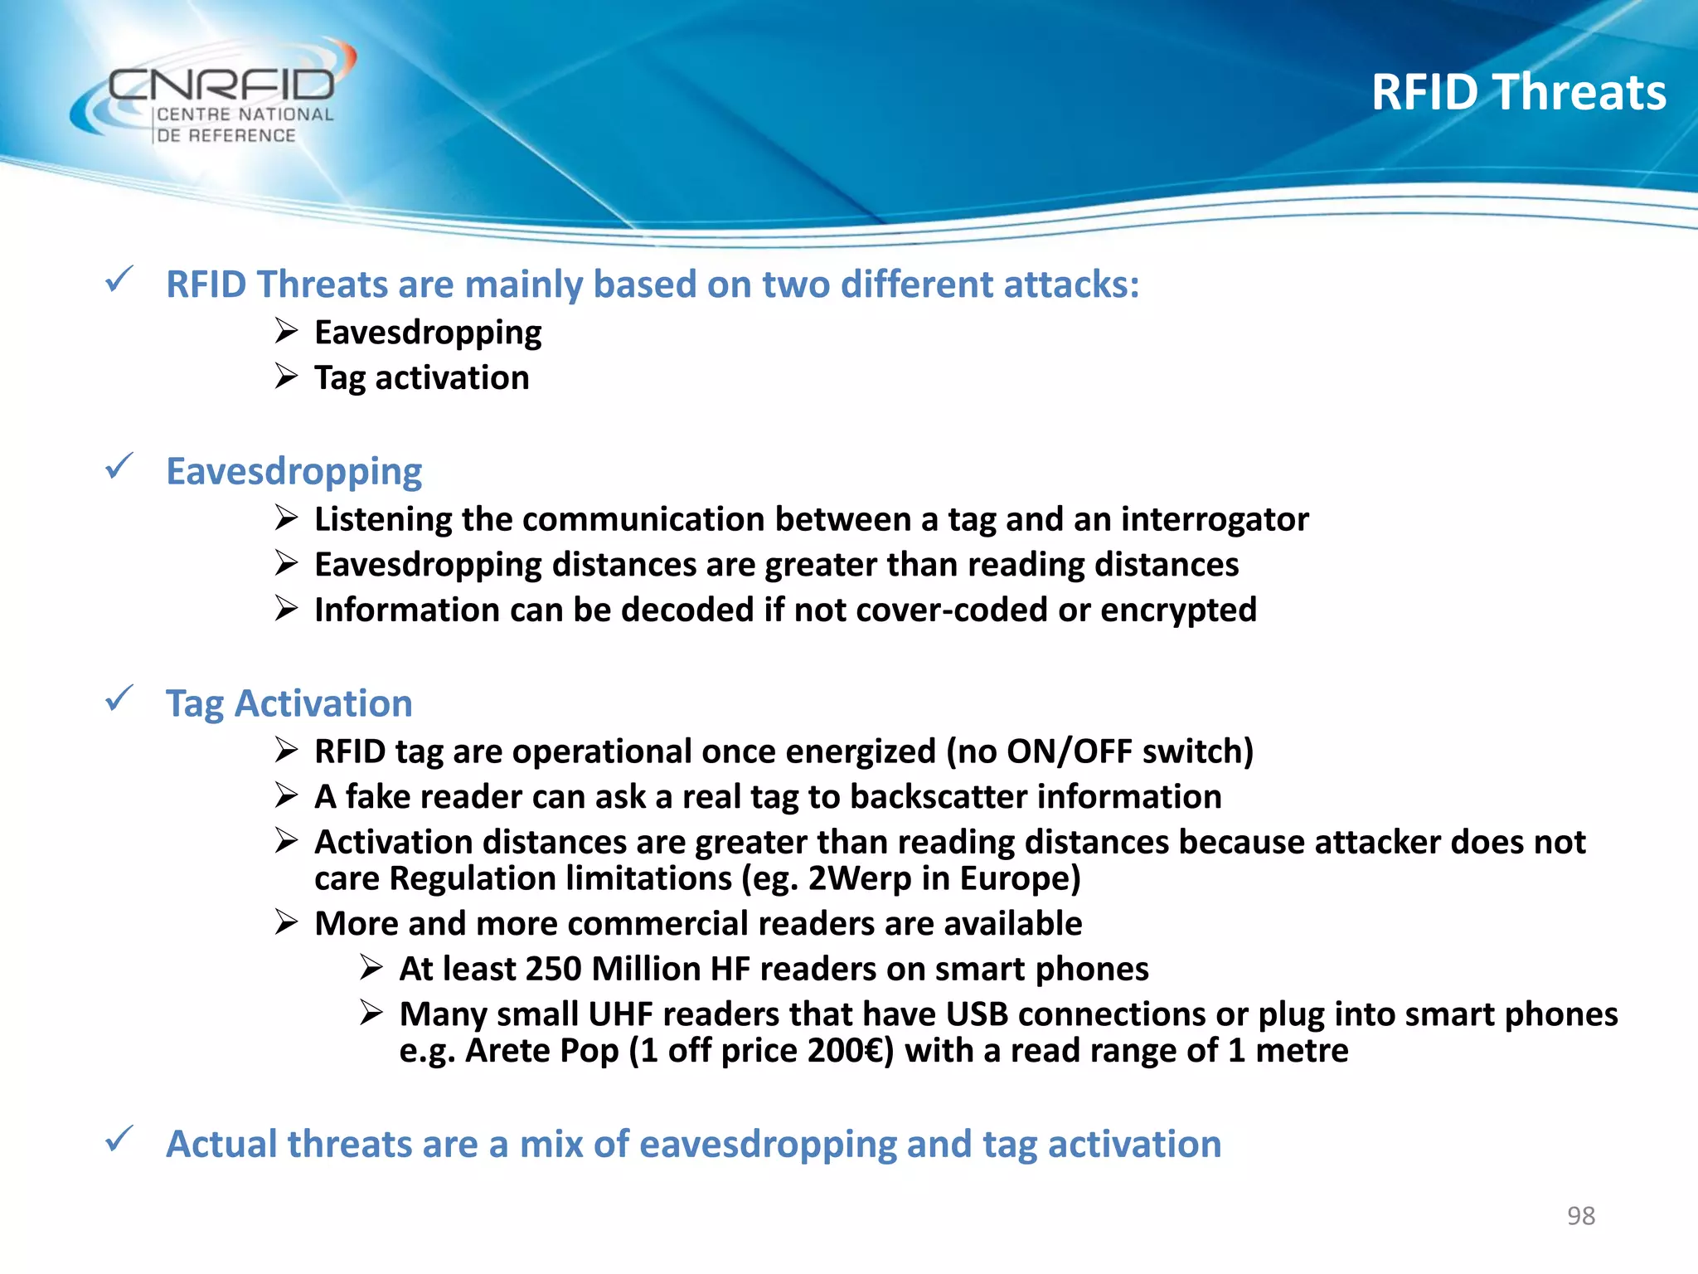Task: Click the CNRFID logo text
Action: click(222, 85)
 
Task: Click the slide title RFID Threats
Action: click(1517, 92)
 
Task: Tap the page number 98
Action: click(1580, 1215)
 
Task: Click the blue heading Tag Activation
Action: click(289, 703)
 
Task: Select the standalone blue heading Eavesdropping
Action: click(294, 471)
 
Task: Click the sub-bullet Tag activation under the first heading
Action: click(421, 378)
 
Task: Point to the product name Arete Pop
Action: click(541, 1051)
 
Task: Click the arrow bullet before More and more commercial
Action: click(286, 922)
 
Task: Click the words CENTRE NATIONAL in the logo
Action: click(245, 114)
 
